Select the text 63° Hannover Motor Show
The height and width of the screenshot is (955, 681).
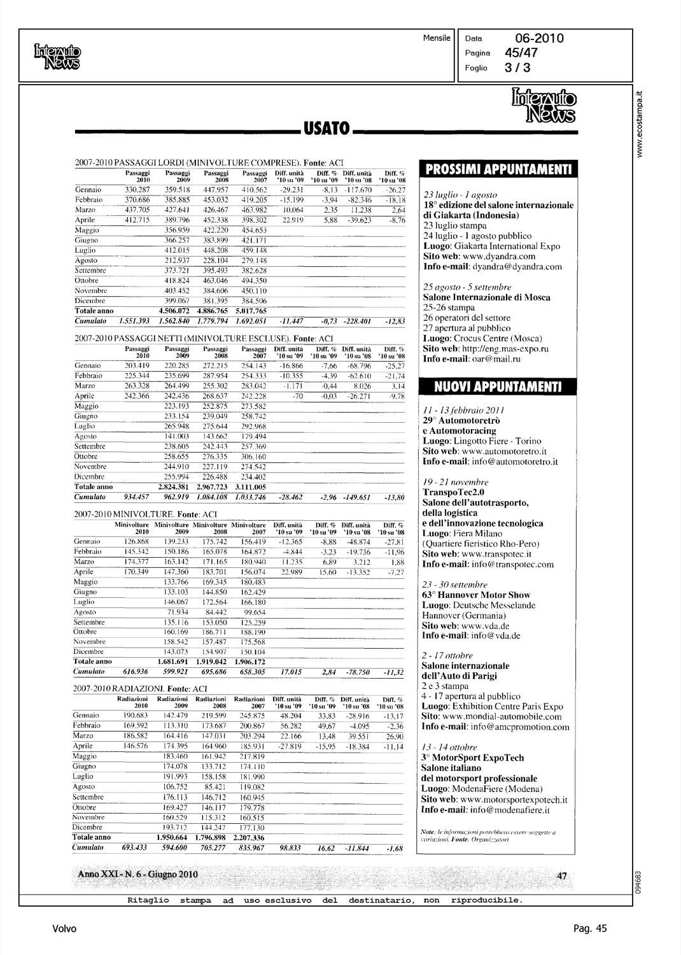click(476, 595)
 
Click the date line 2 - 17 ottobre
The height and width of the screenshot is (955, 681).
click(447, 656)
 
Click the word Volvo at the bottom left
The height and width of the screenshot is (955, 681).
click(64, 929)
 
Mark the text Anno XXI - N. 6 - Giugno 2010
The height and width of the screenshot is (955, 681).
click(137, 874)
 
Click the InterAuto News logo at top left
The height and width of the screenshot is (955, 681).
click(58, 55)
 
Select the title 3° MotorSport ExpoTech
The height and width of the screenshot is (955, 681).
click(473, 758)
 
